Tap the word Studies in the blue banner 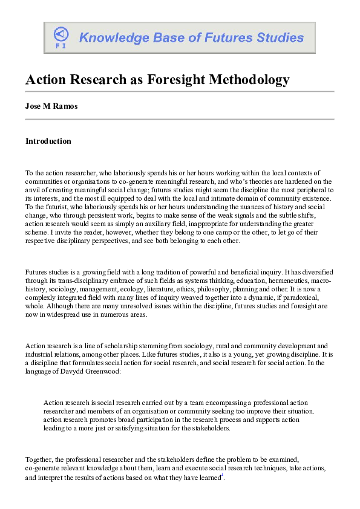278,37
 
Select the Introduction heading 48,141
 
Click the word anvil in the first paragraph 34,189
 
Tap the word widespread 62,314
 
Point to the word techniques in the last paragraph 240,468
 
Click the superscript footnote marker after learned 223,475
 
